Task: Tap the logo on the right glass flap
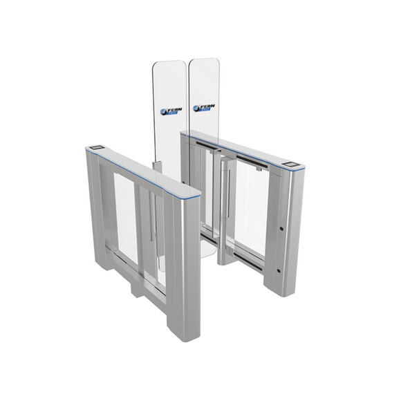(x=204, y=109)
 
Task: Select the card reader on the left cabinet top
(x=95, y=148)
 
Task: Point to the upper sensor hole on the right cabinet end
(x=283, y=227)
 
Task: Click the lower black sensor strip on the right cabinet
(x=251, y=263)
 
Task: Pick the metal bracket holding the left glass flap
(x=156, y=167)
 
